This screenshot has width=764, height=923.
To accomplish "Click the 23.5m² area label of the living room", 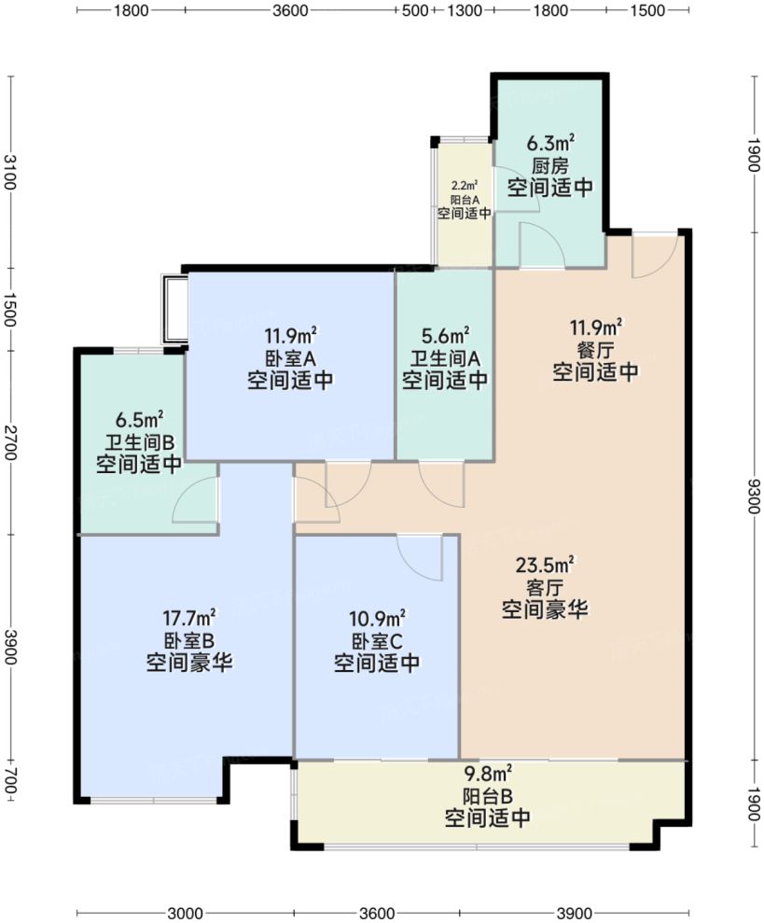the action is point(545,566).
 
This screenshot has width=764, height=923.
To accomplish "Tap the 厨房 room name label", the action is point(550,165).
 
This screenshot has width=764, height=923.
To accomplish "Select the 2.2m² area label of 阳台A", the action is point(465,187).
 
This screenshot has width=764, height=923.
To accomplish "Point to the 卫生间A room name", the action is point(445,357).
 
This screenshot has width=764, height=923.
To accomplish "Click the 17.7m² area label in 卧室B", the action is point(189,618).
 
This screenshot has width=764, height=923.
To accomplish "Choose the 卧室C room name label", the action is point(377,640).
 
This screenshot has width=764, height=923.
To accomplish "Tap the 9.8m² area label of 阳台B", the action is point(487,773).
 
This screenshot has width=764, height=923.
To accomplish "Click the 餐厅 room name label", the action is point(596,350).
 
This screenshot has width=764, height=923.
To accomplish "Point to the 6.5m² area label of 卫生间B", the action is point(140,420).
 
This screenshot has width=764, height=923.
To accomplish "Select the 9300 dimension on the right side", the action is point(754,496).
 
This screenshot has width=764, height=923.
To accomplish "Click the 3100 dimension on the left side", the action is point(9,173).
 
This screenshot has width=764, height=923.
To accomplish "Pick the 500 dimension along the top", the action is point(415,10).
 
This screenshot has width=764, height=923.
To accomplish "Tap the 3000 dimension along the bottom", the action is point(185,913).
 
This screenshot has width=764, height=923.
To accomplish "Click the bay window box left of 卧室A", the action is point(174,310).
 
